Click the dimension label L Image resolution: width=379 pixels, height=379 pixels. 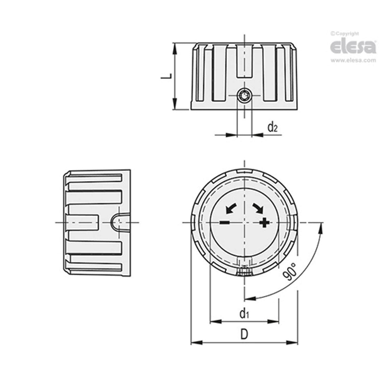pos(168,76)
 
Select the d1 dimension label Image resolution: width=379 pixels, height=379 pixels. pos(244,313)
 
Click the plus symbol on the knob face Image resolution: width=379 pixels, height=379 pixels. pos(264,223)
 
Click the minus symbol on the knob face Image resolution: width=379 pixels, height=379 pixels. pos(224,223)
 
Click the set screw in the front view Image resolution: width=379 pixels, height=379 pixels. pos(244,95)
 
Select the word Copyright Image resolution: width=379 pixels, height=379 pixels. pos(347,34)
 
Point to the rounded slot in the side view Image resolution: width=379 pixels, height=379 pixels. pos(119,222)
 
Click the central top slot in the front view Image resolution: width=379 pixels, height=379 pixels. pos(244,61)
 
